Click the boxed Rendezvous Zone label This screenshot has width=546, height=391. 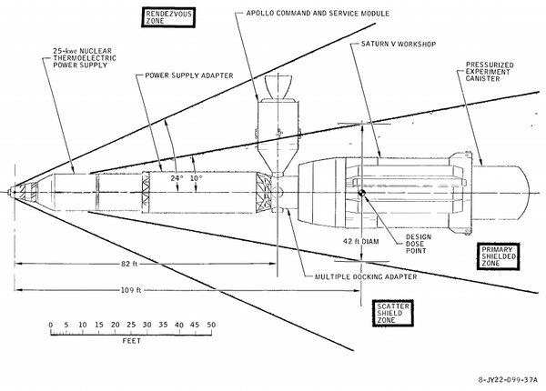[168, 17]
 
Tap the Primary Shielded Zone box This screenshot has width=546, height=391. [499, 256]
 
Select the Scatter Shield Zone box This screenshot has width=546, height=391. [393, 313]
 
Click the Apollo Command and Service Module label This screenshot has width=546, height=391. [318, 14]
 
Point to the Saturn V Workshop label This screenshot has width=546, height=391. [399, 45]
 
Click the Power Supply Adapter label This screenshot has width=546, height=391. [189, 75]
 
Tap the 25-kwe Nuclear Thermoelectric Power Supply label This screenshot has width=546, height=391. [85, 58]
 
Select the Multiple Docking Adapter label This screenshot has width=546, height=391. [366, 277]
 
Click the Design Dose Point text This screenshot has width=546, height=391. [419, 244]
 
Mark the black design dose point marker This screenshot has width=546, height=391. [362, 193]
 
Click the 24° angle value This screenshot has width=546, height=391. [177, 178]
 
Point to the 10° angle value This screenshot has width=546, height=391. [196, 178]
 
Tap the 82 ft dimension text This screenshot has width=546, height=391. [129, 264]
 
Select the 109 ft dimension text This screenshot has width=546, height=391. [131, 290]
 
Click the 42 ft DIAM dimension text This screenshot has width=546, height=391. [361, 241]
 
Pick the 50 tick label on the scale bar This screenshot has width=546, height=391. [211, 325]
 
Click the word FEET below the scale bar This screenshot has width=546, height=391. [132, 341]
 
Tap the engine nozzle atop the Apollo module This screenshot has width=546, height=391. [278, 87]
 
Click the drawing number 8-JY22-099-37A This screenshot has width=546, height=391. [508, 379]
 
